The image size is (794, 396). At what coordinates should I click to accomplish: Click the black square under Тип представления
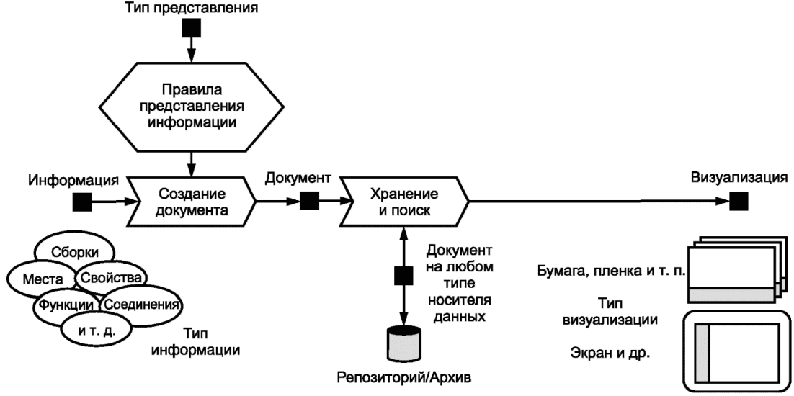click(192, 28)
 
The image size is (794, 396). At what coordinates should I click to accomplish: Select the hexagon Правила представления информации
click(192, 107)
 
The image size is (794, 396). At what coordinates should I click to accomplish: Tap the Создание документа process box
click(192, 202)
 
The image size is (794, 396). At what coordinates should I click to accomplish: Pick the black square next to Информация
click(81, 202)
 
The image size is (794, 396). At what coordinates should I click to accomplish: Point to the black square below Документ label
click(309, 202)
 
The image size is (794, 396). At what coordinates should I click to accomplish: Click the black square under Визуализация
click(739, 202)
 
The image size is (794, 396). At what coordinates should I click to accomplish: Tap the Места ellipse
click(42, 279)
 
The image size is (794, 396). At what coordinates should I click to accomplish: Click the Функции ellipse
click(65, 305)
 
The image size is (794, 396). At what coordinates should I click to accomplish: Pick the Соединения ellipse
click(140, 305)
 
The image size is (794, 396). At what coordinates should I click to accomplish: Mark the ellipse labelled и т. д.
click(97, 332)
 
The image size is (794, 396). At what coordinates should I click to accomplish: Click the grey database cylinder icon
click(403, 345)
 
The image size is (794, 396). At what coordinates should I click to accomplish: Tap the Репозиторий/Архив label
click(406, 378)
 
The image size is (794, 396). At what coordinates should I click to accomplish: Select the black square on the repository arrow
click(403, 276)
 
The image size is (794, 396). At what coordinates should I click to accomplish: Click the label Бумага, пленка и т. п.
click(611, 271)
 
